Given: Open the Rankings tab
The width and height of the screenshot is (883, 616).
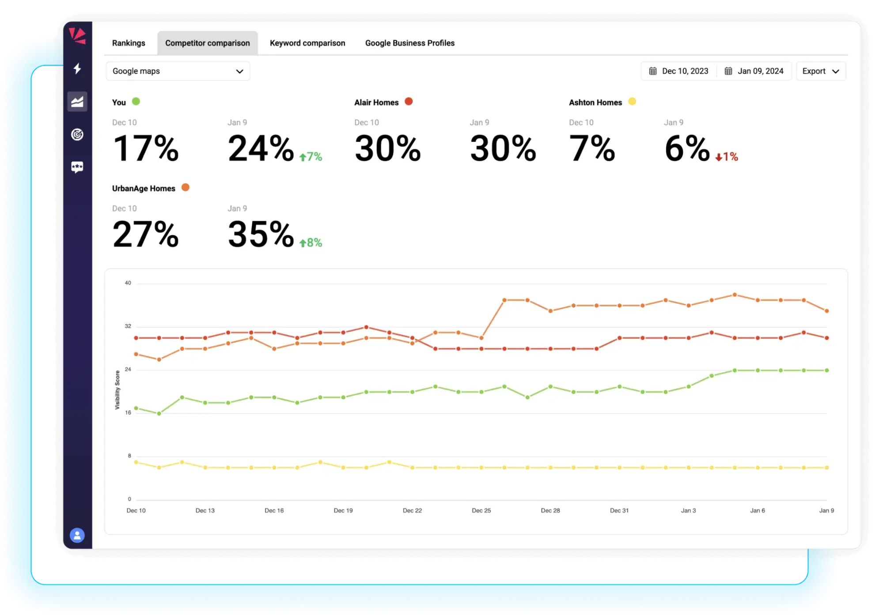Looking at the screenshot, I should click(129, 43).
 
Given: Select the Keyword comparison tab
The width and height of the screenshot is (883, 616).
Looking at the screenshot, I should click(307, 43).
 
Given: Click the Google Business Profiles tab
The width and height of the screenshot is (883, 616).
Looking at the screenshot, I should click(409, 43).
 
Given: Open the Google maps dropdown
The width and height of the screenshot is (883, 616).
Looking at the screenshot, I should click(178, 71).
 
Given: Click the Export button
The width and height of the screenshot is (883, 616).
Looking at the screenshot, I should click(820, 71).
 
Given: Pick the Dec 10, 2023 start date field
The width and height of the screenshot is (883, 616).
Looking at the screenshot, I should click(679, 71).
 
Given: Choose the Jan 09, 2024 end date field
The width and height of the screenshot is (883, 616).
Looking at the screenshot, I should click(754, 71).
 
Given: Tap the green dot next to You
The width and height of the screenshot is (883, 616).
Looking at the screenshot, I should click(136, 102).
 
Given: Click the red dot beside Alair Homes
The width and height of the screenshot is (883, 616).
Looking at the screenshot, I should click(409, 102).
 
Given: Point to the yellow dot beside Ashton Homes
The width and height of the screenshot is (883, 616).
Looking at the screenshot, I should click(632, 102).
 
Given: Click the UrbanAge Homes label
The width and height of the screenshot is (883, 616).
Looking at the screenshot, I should click(144, 189).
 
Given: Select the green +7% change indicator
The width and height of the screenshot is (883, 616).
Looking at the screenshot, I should click(311, 157).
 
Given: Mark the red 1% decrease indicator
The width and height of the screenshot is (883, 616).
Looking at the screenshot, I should click(727, 157).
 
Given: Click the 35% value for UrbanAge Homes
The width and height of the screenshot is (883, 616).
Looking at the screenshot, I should click(261, 234).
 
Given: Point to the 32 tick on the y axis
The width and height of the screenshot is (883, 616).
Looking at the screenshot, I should click(128, 326).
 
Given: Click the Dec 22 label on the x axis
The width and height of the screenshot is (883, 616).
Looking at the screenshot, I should click(412, 510).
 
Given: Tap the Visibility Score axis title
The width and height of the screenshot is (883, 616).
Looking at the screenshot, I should click(117, 390).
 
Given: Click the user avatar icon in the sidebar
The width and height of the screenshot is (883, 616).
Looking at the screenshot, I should click(77, 535).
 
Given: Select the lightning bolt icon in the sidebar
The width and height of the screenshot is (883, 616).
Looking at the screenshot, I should click(77, 68).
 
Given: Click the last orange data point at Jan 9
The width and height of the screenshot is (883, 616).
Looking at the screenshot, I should click(826, 311).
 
